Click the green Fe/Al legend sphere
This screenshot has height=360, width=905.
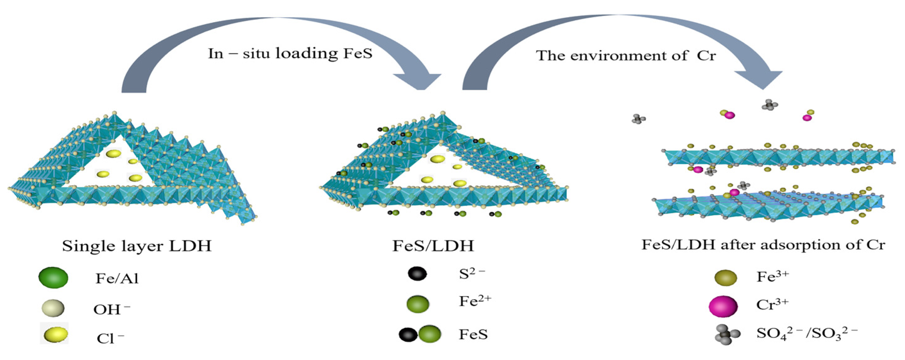coord(53,278)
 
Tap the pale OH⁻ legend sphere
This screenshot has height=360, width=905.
coord(53,308)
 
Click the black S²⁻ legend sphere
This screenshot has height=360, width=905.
coord(417,274)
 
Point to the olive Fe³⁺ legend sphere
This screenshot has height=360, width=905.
coord(725,278)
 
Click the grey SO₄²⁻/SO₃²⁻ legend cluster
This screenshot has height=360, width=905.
coord(727,335)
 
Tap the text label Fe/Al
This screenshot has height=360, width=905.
coord(117,278)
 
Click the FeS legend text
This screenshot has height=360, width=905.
coord(473,334)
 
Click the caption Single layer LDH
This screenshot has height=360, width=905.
coord(137,246)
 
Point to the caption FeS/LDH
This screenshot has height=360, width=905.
coord(433,246)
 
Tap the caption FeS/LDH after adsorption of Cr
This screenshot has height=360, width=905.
coord(763,245)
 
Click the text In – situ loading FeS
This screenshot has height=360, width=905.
coord(290,54)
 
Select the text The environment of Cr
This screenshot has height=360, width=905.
coord(626,55)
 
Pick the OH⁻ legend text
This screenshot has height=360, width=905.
coord(111,309)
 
